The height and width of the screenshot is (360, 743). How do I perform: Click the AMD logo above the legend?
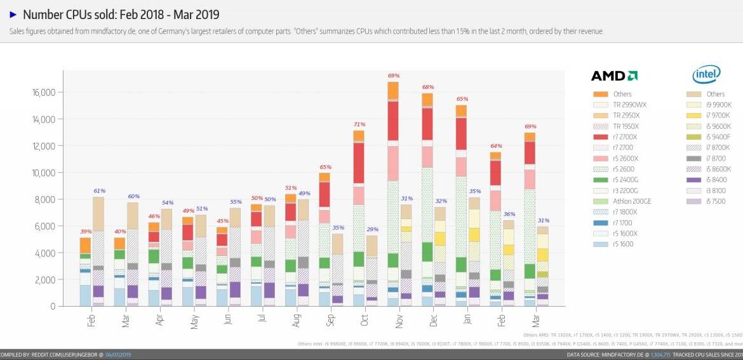tap(614, 76)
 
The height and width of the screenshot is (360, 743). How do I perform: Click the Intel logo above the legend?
tap(706, 75)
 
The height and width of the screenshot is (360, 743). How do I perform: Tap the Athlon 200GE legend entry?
tap(631, 201)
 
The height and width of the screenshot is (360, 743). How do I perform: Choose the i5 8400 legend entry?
tap(714, 180)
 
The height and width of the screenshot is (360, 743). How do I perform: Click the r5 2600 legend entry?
tap(622, 169)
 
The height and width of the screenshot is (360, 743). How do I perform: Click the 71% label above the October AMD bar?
tap(359, 124)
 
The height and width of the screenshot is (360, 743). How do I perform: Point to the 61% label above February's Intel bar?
tap(99, 190)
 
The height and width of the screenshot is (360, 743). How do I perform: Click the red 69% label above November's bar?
tap(393, 76)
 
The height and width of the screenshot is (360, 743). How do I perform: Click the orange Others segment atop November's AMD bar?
tap(393, 91)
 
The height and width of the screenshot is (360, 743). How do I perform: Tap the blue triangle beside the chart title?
tap(13, 14)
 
